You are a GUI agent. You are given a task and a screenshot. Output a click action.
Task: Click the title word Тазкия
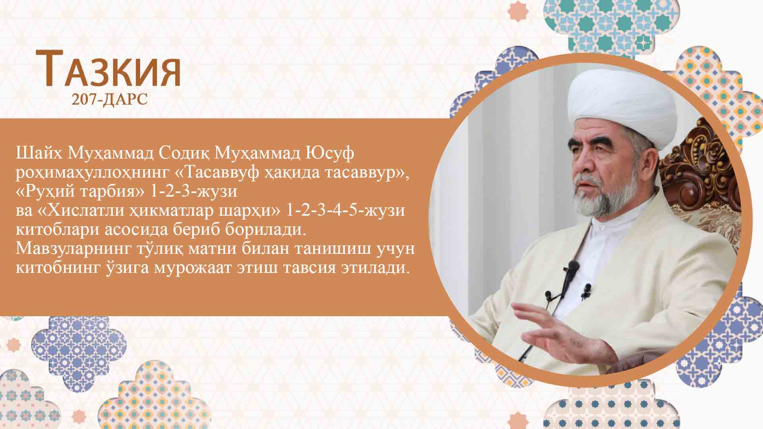(x=108, y=69)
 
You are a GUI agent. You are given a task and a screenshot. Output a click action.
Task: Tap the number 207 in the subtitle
(x=84, y=99)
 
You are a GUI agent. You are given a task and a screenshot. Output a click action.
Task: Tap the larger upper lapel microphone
(x=572, y=269)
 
